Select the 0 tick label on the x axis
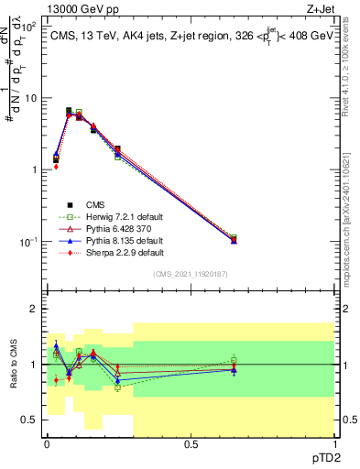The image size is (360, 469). click(x=47, y=444)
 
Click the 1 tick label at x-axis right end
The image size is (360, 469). click(x=333, y=444)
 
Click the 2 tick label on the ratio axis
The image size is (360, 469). click(x=34, y=310)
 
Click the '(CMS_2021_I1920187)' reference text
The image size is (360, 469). click(x=190, y=274)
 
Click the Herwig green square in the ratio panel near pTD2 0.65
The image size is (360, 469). click(x=234, y=359)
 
